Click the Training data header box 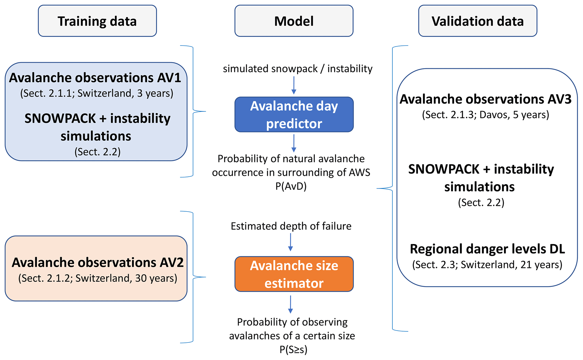pyautogui.click(x=97, y=21)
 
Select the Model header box pyautogui.click(x=294, y=21)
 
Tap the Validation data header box pyautogui.click(x=478, y=21)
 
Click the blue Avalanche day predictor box pyautogui.click(x=294, y=115)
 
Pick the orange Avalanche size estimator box pyautogui.click(x=294, y=274)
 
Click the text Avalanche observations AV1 pyautogui.click(x=95, y=78)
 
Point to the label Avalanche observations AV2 pyautogui.click(x=98, y=262)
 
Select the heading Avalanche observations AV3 pyautogui.click(x=485, y=99)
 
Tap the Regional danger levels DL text pyautogui.click(x=487, y=249)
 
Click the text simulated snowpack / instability pyautogui.click(x=298, y=69)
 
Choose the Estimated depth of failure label pyautogui.click(x=291, y=226)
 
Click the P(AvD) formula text pyautogui.click(x=291, y=186)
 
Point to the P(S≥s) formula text pyautogui.click(x=293, y=350)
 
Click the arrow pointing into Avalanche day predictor pyautogui.click(x=294, y=85)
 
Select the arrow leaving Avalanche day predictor pyautogui.click(x=294, y=143)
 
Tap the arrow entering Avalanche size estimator pyautogui.click(x=290, y=242)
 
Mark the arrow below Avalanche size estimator pyautogui.click(x=290, y=304)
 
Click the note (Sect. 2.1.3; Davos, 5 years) pyautogui.click(x=485, y=115)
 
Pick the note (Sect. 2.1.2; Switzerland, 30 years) pyautogui.click(x=98, y=278)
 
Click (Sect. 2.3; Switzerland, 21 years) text pyautogui.click(x=487, y=265)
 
